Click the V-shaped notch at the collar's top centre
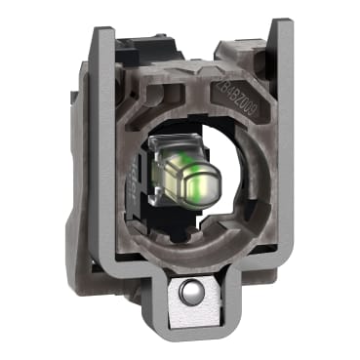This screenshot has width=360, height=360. click(176, 73)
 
